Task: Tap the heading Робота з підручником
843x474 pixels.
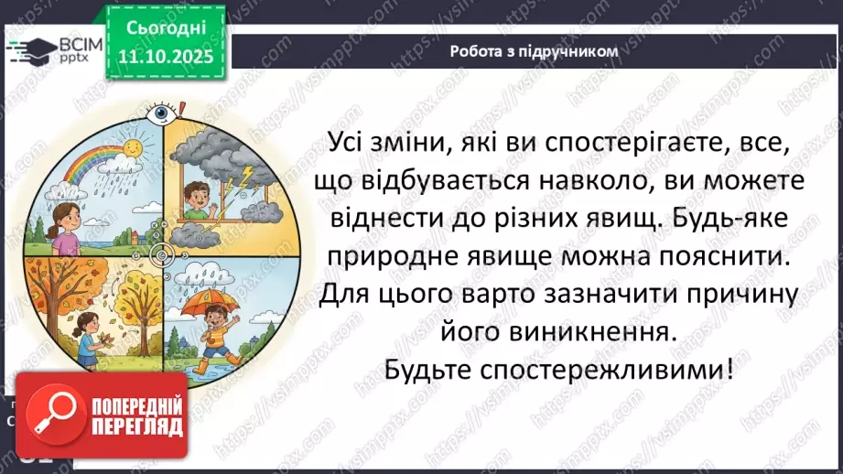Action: tap(534, 51)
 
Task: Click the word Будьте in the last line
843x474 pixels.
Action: tap(436, 372)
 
